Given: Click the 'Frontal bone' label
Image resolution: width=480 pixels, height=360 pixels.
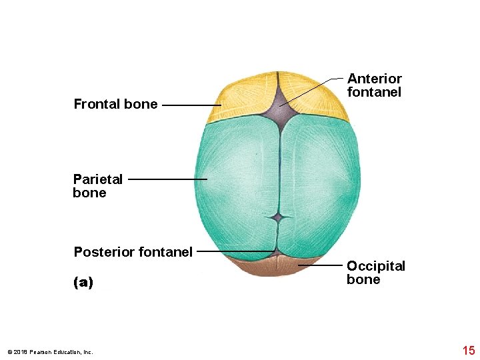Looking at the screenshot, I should click(115, 104).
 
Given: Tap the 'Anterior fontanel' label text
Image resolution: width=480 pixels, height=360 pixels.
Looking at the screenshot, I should click(374, 85).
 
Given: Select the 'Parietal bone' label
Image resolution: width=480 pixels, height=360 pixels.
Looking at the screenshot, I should click(97, 186).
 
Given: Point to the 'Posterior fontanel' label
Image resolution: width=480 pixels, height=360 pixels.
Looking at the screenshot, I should click(133, 252).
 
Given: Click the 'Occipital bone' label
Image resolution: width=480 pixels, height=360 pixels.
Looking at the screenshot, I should click(375, 273).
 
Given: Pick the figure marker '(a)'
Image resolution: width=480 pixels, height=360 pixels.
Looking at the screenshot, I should click(83, 282).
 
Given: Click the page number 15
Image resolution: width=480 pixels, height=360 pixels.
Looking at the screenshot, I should click(468, 351).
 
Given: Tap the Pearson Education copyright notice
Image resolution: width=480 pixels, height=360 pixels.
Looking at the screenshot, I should click(50, 352).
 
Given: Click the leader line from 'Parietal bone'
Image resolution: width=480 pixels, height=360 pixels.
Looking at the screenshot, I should click(167, 179).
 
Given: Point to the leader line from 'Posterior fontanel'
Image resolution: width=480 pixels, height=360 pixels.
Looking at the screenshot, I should click(235, 252).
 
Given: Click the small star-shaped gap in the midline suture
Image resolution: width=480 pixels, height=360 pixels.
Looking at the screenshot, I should click(279, 217).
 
